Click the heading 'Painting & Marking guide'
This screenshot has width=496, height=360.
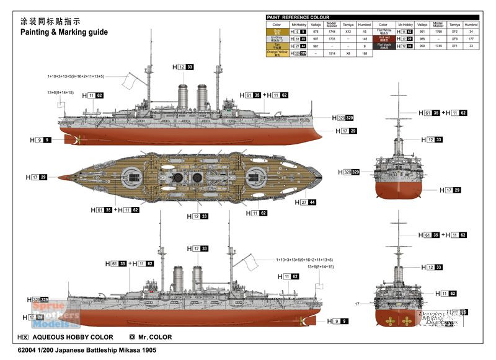click(x=64, y=32)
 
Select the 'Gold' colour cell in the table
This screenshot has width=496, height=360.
click(x=277, y=31)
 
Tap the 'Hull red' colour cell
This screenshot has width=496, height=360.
click(x=383, y=38)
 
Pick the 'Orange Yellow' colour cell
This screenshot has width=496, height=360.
click(x=277, y=53)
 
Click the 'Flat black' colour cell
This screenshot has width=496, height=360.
click(x=383, y=46)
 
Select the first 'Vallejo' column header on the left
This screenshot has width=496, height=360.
click(x=316, y=24)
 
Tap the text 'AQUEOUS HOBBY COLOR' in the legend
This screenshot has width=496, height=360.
click(x=72, y=338)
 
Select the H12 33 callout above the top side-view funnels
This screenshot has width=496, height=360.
click(x=183, y=66)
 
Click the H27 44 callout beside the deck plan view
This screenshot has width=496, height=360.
click(x=304, y=202)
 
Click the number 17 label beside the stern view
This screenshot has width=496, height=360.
click(x=358, y=304)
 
